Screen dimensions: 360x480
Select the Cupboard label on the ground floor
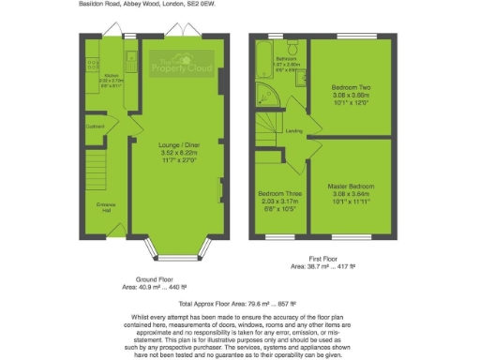[x=95, y=126]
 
